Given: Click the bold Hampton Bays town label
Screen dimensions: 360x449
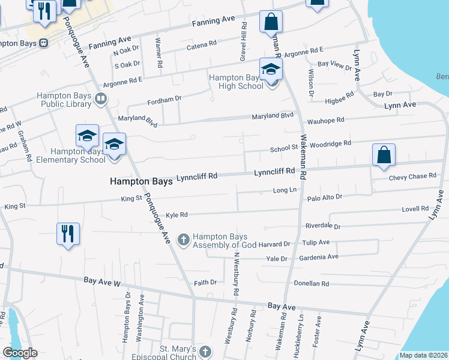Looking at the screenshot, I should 141,181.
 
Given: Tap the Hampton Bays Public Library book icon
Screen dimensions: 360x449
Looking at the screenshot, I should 101,98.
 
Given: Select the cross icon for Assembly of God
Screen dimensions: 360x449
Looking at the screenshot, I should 184,240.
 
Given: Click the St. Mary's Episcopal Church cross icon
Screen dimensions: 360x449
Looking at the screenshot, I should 205,353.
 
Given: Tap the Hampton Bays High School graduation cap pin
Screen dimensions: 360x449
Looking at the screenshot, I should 271,69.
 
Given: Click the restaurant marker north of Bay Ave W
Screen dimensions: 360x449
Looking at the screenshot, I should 67,233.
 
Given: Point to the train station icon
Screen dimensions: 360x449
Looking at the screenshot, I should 44,43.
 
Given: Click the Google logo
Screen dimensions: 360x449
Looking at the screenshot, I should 20,353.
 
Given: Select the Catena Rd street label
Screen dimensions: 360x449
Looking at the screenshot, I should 201,45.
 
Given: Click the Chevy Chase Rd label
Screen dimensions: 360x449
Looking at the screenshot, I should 412,176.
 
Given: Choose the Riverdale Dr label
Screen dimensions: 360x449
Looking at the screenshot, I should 322,227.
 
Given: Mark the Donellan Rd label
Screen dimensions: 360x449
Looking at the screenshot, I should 312,283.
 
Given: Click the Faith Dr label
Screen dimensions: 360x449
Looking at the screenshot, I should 205,283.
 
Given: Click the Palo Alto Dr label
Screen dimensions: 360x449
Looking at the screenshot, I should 324,197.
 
